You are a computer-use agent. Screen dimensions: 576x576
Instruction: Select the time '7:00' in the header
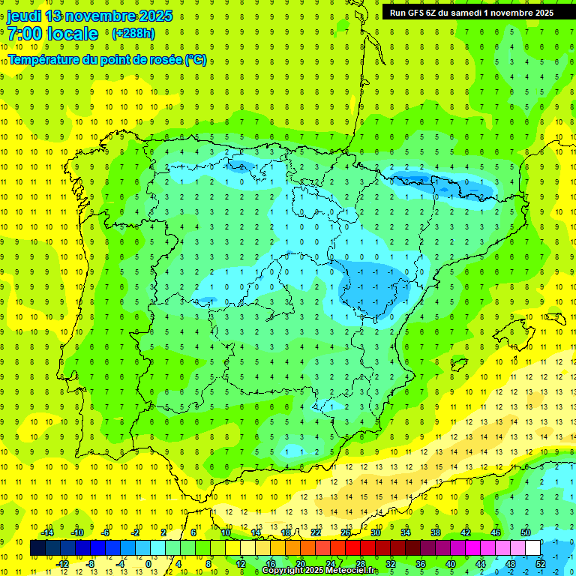pyautogui.click(x=23, y=34)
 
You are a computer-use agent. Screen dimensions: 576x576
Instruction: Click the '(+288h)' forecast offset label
pyautogui.click(x=133, y=33)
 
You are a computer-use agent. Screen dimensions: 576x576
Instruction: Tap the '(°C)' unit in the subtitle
pyautogui.click(x=195, y=59)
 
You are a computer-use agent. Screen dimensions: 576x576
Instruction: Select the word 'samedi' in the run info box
pyautogui.click(x=464, y=12)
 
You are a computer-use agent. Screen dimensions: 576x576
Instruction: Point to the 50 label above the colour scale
pyautogui.click(x=526, y=532)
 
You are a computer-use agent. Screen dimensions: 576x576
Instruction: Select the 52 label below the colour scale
pyautogui.click(x=541, y=563)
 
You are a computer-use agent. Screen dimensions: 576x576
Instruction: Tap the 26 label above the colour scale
pyautogui.click(x=346, y=532)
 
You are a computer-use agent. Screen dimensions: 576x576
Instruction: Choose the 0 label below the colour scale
pyautogui.click(x=148, y=563)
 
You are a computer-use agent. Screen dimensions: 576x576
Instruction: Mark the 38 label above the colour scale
pyautogui.click(x=436, y=532)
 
